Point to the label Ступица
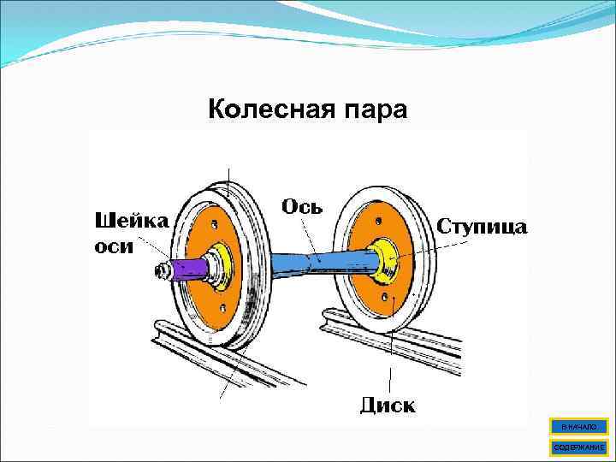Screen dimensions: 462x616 (483, 226)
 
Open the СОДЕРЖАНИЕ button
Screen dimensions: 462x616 (579, 447)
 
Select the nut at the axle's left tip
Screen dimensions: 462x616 (160, 272)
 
